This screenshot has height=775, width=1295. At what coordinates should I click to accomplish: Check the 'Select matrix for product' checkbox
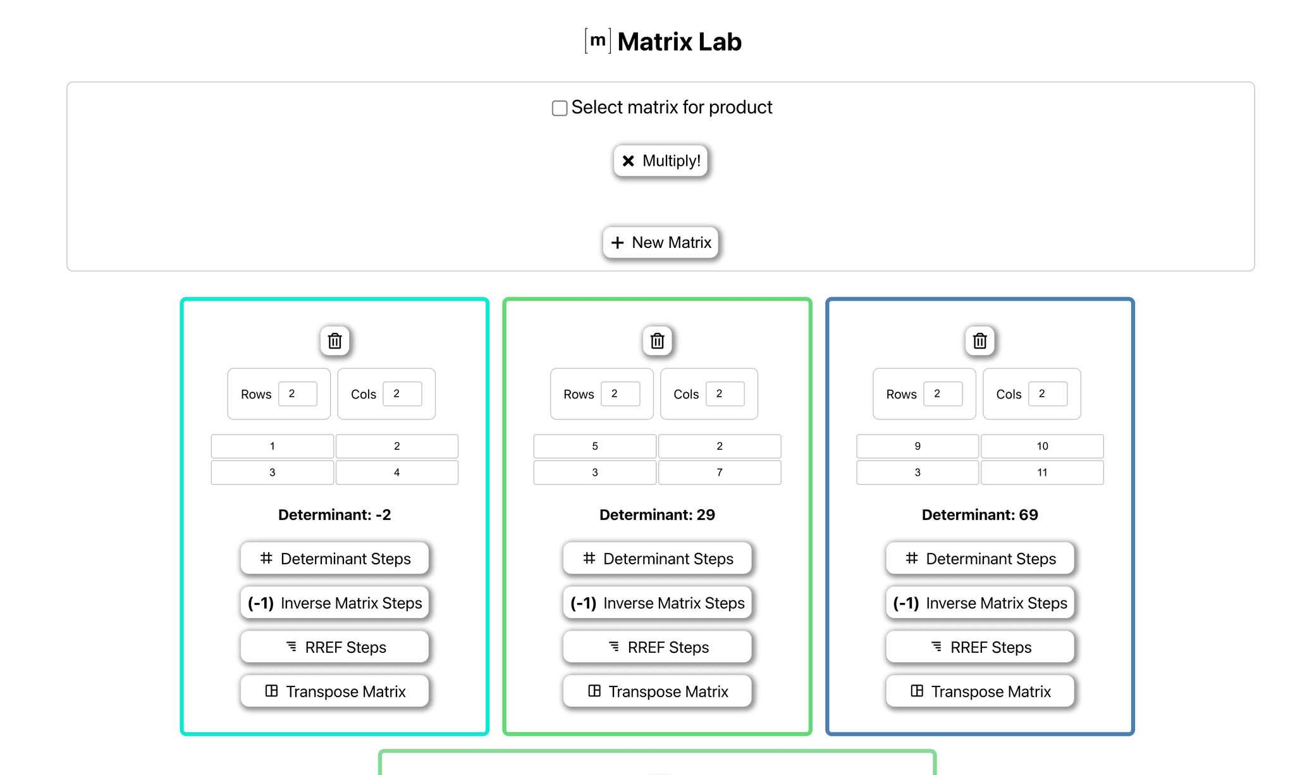point(560,108)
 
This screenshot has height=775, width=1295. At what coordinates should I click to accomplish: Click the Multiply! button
point(660,161)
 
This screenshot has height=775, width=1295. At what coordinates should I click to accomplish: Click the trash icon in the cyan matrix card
point(334,341)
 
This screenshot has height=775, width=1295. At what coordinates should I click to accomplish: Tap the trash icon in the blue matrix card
point(979,341)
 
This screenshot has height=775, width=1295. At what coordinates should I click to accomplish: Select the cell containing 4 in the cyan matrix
point(396,473)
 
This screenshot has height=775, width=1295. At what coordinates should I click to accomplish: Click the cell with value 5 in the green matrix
point(594,446)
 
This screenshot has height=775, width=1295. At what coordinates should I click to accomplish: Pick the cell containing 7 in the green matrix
point(719,473)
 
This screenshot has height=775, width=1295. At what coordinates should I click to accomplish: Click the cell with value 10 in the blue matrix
point(1041,446)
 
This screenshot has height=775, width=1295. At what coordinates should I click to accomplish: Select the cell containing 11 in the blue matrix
point(1041,473)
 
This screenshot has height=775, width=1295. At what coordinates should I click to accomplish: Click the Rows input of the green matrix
point(620,394)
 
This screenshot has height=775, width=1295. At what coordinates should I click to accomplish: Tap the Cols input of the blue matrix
point(1047,394)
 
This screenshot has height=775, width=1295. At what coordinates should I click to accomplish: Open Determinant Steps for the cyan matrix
point(334,559)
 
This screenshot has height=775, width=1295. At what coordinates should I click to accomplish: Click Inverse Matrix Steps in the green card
point(657,603)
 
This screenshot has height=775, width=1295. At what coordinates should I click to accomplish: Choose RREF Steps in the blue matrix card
point(979,647)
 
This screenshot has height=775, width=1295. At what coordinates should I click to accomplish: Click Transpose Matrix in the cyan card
point(334,691)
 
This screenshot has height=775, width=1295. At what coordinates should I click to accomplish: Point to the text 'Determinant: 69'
point(979,515)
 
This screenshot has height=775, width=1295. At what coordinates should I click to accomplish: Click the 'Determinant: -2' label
point(334,515)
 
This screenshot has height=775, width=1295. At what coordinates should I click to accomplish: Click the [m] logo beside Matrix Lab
point(598,41)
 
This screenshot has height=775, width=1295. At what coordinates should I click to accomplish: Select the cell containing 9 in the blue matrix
point(917,446)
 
